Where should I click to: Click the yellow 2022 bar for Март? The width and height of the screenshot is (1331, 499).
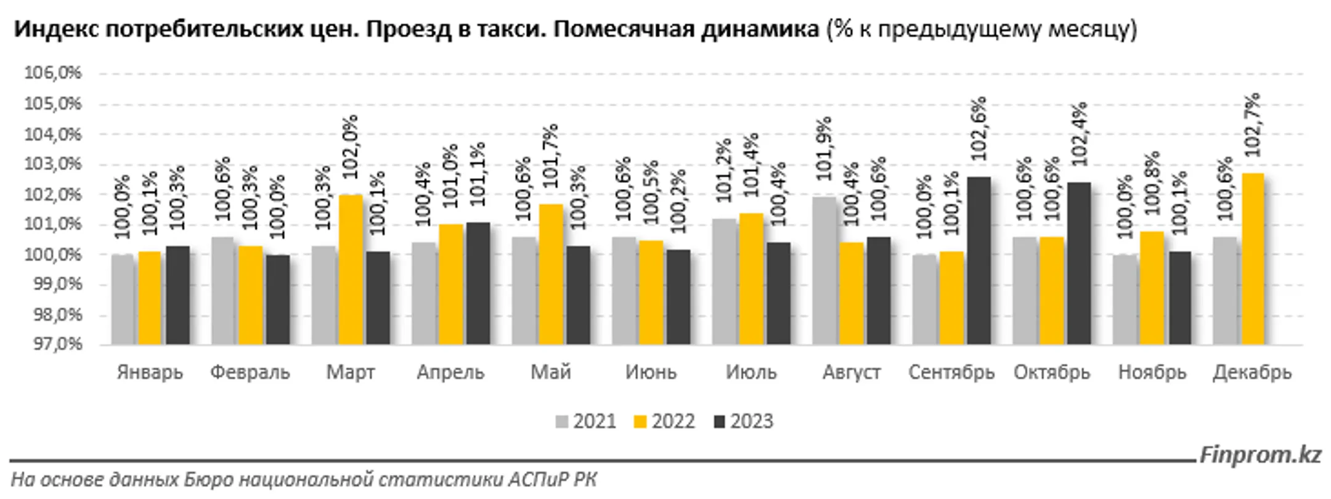(x=350, y=269)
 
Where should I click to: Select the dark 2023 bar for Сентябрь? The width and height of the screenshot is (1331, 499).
(x=979, y=261)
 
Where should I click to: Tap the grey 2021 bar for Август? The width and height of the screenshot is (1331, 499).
(x=824, y=270)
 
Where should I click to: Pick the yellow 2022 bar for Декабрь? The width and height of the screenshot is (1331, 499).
(x=1253, y=259)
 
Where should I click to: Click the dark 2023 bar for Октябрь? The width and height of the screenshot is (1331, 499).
(x=1078, y=264)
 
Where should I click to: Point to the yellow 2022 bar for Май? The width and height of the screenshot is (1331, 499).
(x=551, y=274)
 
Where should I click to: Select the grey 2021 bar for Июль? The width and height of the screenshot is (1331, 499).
(x=724, y=282)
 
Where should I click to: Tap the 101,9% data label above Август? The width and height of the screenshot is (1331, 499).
(x=824, y=148)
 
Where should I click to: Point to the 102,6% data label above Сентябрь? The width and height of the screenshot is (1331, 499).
(x=979, y=128)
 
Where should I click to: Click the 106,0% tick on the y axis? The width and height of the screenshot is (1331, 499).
(x=53, y=73)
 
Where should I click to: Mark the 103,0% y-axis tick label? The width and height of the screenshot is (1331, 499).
(x=53, y=164)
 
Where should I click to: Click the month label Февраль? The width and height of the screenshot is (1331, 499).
(x=250, y=373)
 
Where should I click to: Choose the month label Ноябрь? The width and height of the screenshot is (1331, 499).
(x=1152, y=373)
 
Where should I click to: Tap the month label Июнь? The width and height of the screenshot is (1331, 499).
(x=651, y=373)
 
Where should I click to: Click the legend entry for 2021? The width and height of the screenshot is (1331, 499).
(x=586, y=421)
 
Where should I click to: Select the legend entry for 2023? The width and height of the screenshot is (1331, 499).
(x=743, y=421)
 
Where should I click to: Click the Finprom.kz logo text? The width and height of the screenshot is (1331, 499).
(x=1260, y=455)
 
